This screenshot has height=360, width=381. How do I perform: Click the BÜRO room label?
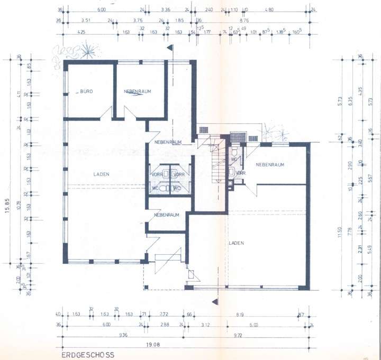(x=86, y=91)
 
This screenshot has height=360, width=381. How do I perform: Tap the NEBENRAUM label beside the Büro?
(x=138, y=91)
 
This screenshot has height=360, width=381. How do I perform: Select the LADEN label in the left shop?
(x=101, y=173)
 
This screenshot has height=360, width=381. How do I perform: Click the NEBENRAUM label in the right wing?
(x=270, y=164)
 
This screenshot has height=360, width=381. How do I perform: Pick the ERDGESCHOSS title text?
(x=87, y=356)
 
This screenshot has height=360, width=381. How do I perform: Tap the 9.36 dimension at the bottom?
(x=122, y=335)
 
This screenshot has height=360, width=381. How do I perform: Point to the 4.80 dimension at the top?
(x=269, y=10)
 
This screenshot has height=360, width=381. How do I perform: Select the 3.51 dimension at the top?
(x=86, y=21)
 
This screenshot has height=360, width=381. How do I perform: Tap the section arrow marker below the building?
(x=214, y=301)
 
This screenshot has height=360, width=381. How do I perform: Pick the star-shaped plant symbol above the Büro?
(x=88, y=51)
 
